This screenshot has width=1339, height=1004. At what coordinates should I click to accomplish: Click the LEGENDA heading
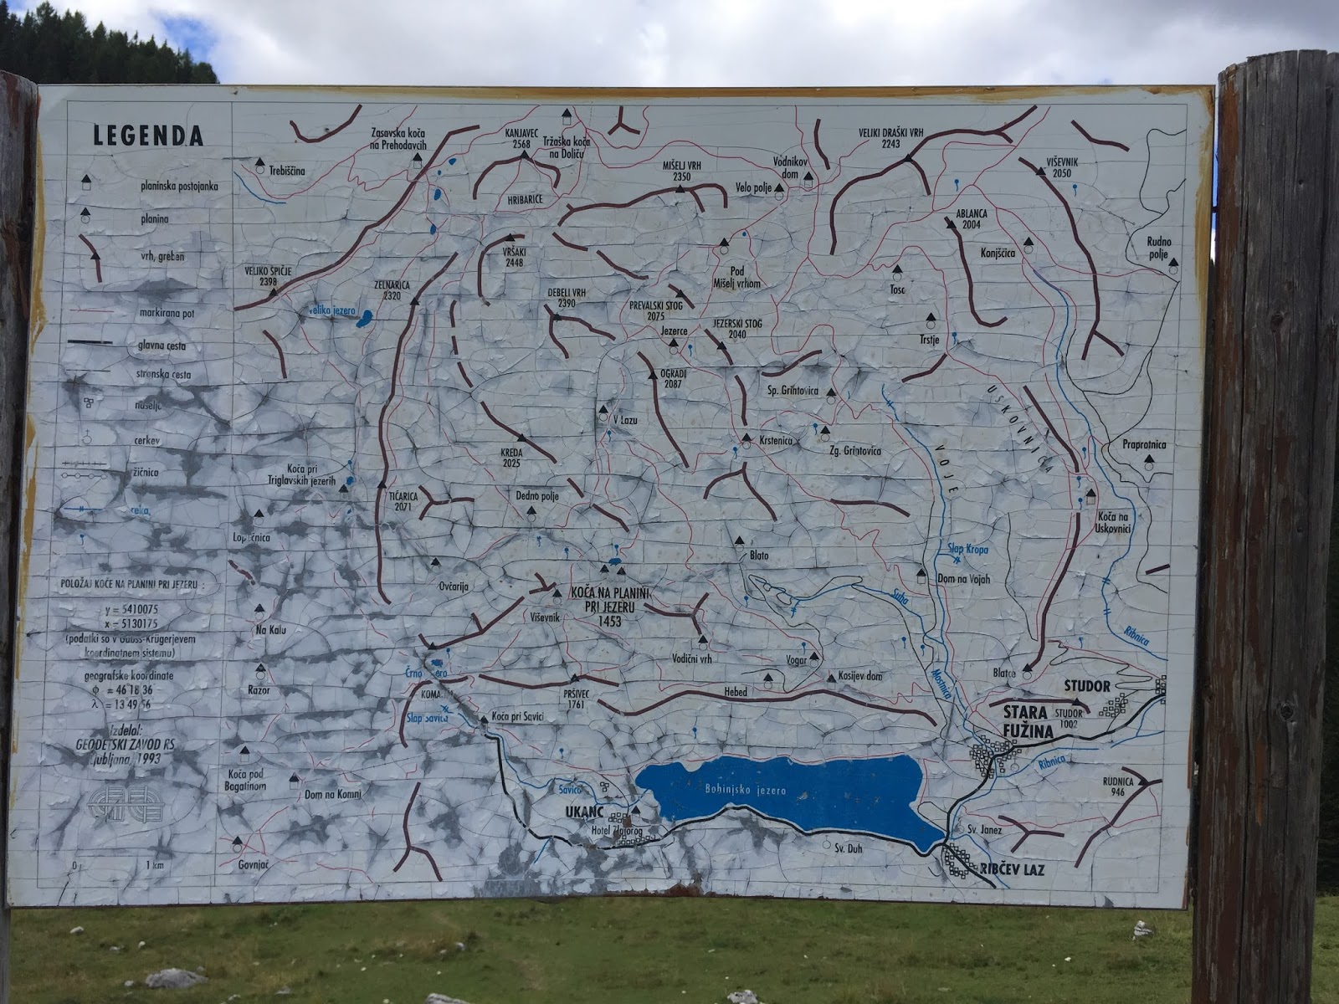(x=148, y=136)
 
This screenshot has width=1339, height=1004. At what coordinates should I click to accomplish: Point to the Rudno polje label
(x=1160, y=248)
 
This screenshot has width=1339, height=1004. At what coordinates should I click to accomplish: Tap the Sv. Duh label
(x=848, y=848)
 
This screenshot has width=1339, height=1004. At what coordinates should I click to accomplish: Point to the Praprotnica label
(x=1144, y=446)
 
